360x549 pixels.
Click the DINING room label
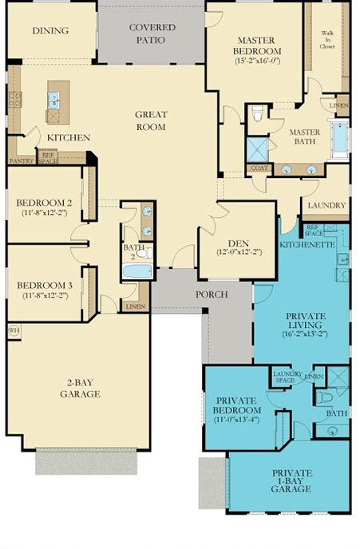click(50, 31)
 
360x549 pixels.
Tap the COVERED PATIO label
click(152, 33)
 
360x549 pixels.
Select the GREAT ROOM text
click(150, 120)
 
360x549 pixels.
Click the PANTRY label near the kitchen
click(21, 160)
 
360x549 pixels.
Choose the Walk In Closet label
click(327, 38)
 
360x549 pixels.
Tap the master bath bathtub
click(338, 138)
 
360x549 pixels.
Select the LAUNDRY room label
click(325, 205)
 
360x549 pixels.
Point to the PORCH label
click(212, 294)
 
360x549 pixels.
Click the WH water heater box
click(14, 329)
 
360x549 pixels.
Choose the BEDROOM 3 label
click(45, 286)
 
